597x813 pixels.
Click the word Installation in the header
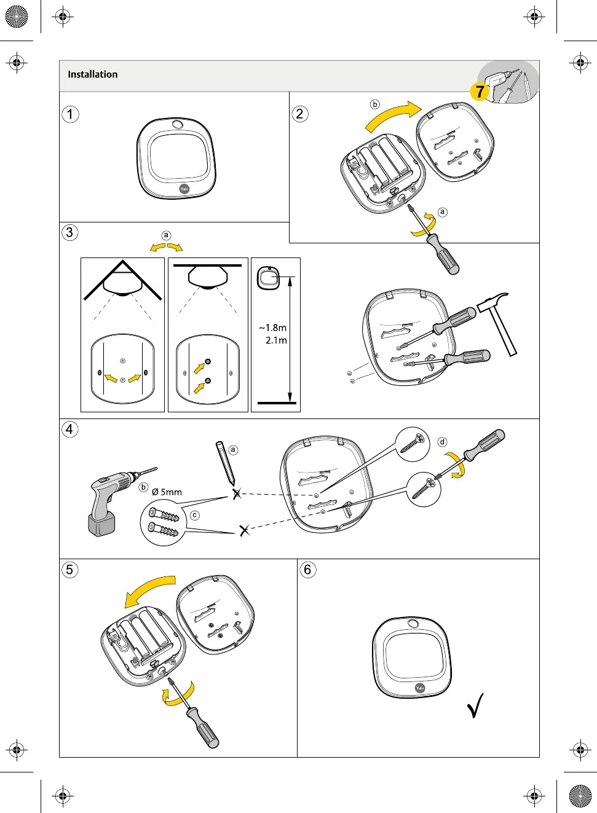pos(92,74)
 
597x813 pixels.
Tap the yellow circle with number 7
pos(480,92)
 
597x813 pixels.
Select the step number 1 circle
pos(71,114)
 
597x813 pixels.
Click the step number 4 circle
pos(69,429)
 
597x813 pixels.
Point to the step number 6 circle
pos(308,570)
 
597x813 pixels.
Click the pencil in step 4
pos(224,462)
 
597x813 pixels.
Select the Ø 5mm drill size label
pos(167,492)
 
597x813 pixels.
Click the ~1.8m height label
pos(273,328)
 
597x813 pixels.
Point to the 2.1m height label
pos(276,340)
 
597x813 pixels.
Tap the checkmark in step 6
pos(475,705)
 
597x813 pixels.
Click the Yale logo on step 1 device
pos(184,189)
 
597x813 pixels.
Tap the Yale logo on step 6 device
pos(420,688)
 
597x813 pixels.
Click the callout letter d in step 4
pos(442,442)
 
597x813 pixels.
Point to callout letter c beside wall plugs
pos(195,515)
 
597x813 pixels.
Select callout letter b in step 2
pos(375,104)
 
